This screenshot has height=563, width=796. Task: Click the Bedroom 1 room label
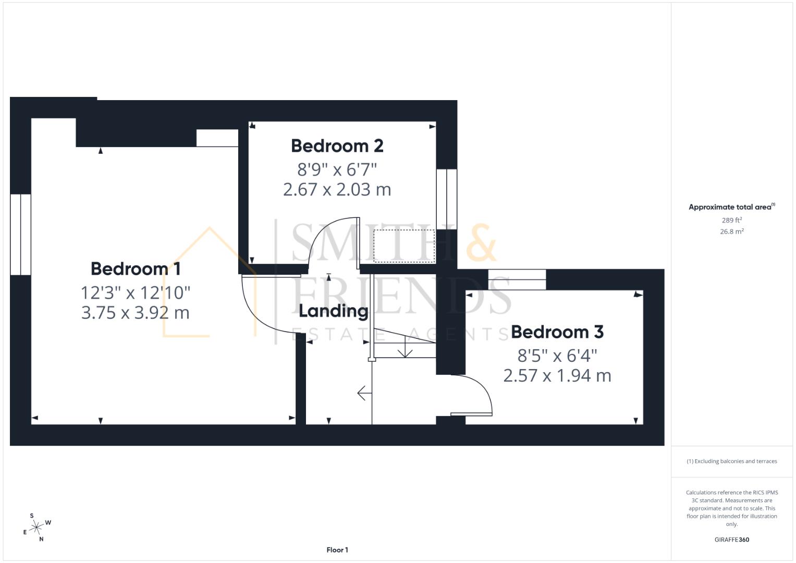[x=136, y=269]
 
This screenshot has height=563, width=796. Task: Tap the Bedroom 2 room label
[x=337, y=146]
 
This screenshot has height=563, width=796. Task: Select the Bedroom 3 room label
[x=557, y=332]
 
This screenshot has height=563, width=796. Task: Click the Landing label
[x=333, y=311]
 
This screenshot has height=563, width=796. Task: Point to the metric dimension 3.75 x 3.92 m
[x=136, y=313]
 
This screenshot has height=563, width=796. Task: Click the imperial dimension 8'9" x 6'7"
[x=337, y=169]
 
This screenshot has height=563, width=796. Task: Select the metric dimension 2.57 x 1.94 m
[x=557, y=375]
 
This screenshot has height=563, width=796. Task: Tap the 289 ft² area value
[x=731, y=220]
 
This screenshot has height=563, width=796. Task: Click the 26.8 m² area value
[x=731, y=231]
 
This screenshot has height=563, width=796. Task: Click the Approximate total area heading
[x=731, y=207]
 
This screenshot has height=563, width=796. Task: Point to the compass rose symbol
[x=36, y=528]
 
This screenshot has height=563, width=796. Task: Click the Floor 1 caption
[x=337, y=550]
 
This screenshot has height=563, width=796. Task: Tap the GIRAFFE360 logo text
[x=731, y=540]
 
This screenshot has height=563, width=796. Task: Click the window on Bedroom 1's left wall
[x=20, y=235]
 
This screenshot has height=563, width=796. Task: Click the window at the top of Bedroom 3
[x=517, y=279]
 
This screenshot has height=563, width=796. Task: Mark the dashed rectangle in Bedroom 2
[x=404, y=246]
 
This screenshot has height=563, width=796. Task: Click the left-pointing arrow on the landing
[x=364, y=394]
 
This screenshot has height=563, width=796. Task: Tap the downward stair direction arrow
[x=405, y=351]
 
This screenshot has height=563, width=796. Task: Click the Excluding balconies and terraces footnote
[x=731, y=461]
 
